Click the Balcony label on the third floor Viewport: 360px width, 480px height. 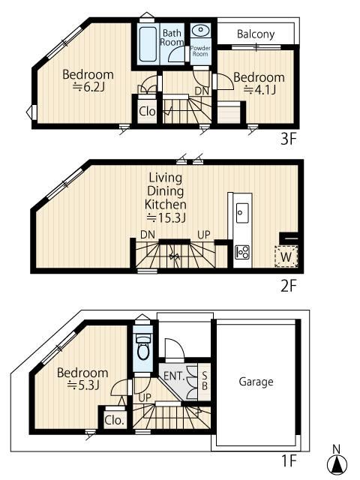256,34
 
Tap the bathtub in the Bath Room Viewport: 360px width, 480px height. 148,45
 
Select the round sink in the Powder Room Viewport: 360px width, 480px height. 201,30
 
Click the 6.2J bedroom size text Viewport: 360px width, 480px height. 88,88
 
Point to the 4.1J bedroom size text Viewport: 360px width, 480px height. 259,90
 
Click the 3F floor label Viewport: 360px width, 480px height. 289,140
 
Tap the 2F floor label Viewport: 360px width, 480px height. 289,286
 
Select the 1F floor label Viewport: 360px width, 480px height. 289,460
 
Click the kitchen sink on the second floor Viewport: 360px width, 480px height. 242,213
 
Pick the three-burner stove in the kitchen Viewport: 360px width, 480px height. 242,253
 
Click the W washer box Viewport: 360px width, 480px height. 286,256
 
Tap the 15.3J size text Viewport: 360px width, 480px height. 166,217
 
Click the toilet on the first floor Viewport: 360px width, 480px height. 142,346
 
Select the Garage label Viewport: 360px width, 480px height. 256,382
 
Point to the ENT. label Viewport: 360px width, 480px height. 174,375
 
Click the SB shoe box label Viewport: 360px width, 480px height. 205,380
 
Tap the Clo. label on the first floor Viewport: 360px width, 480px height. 115,420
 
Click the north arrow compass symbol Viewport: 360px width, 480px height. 337,462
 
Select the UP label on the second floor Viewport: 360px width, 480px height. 204,235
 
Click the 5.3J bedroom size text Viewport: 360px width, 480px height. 83,385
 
